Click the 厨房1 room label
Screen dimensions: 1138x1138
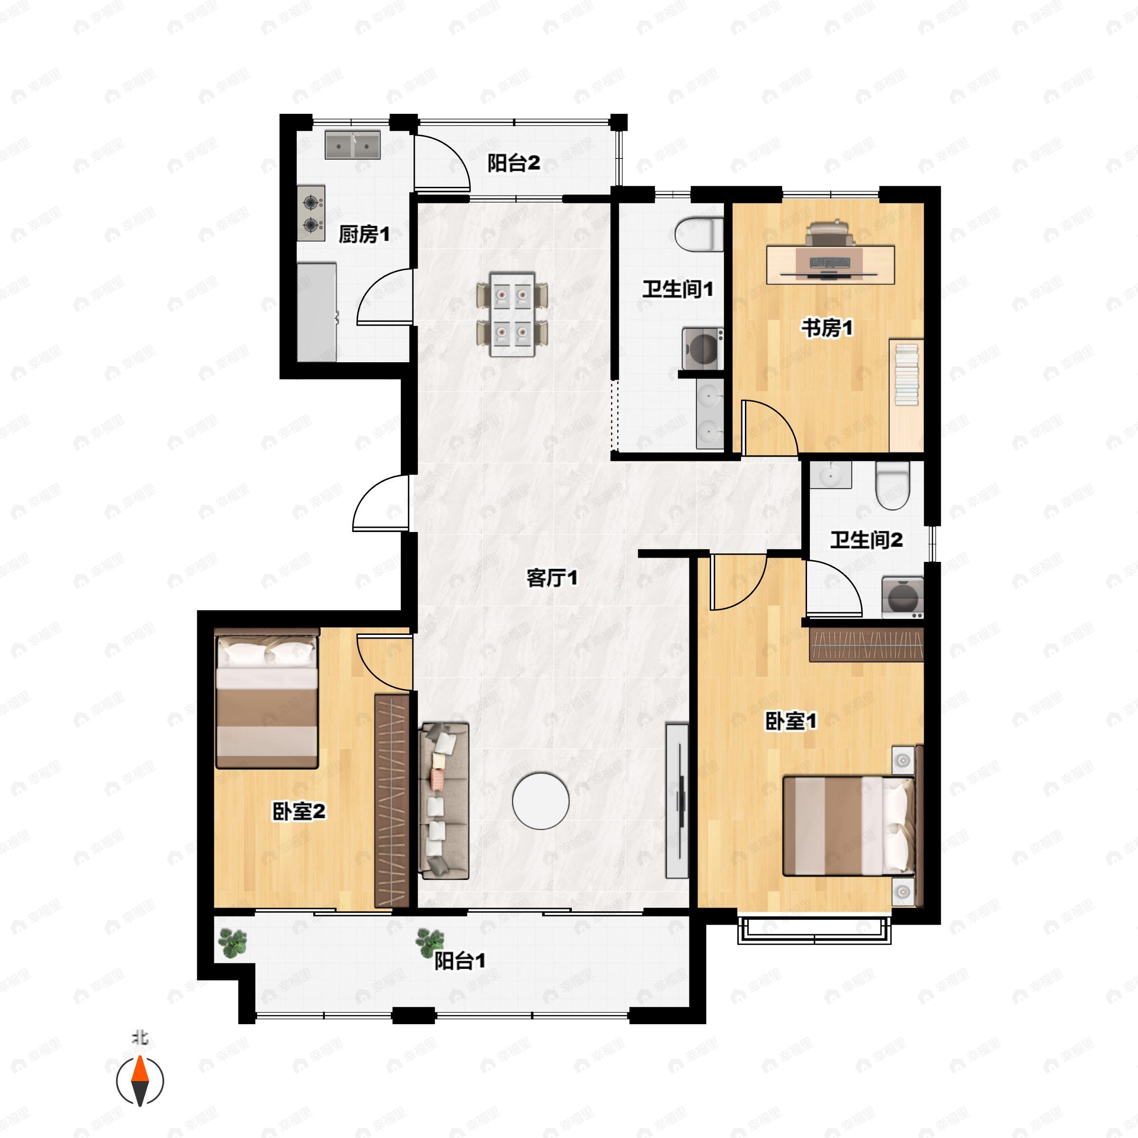tap(364, 234)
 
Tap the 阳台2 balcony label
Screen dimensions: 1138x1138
tap(514, 163)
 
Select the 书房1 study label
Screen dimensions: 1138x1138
tap(827, 328)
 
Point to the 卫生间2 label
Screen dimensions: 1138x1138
tap(866, 540)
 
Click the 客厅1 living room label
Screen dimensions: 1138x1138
tap(552, 578)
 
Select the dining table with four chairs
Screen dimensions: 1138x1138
tap(513, 314)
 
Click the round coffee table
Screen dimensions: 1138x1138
tap(541, 801)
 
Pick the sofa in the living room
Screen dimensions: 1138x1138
tap(443, 801)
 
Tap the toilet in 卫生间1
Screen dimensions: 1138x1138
tap(699, 234)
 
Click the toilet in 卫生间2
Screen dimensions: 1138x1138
tap(893, 485)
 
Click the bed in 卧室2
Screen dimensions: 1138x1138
tap(267, 698)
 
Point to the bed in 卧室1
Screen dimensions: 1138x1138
tap(849, 826)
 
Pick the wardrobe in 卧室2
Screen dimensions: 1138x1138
tap(392, 801)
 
